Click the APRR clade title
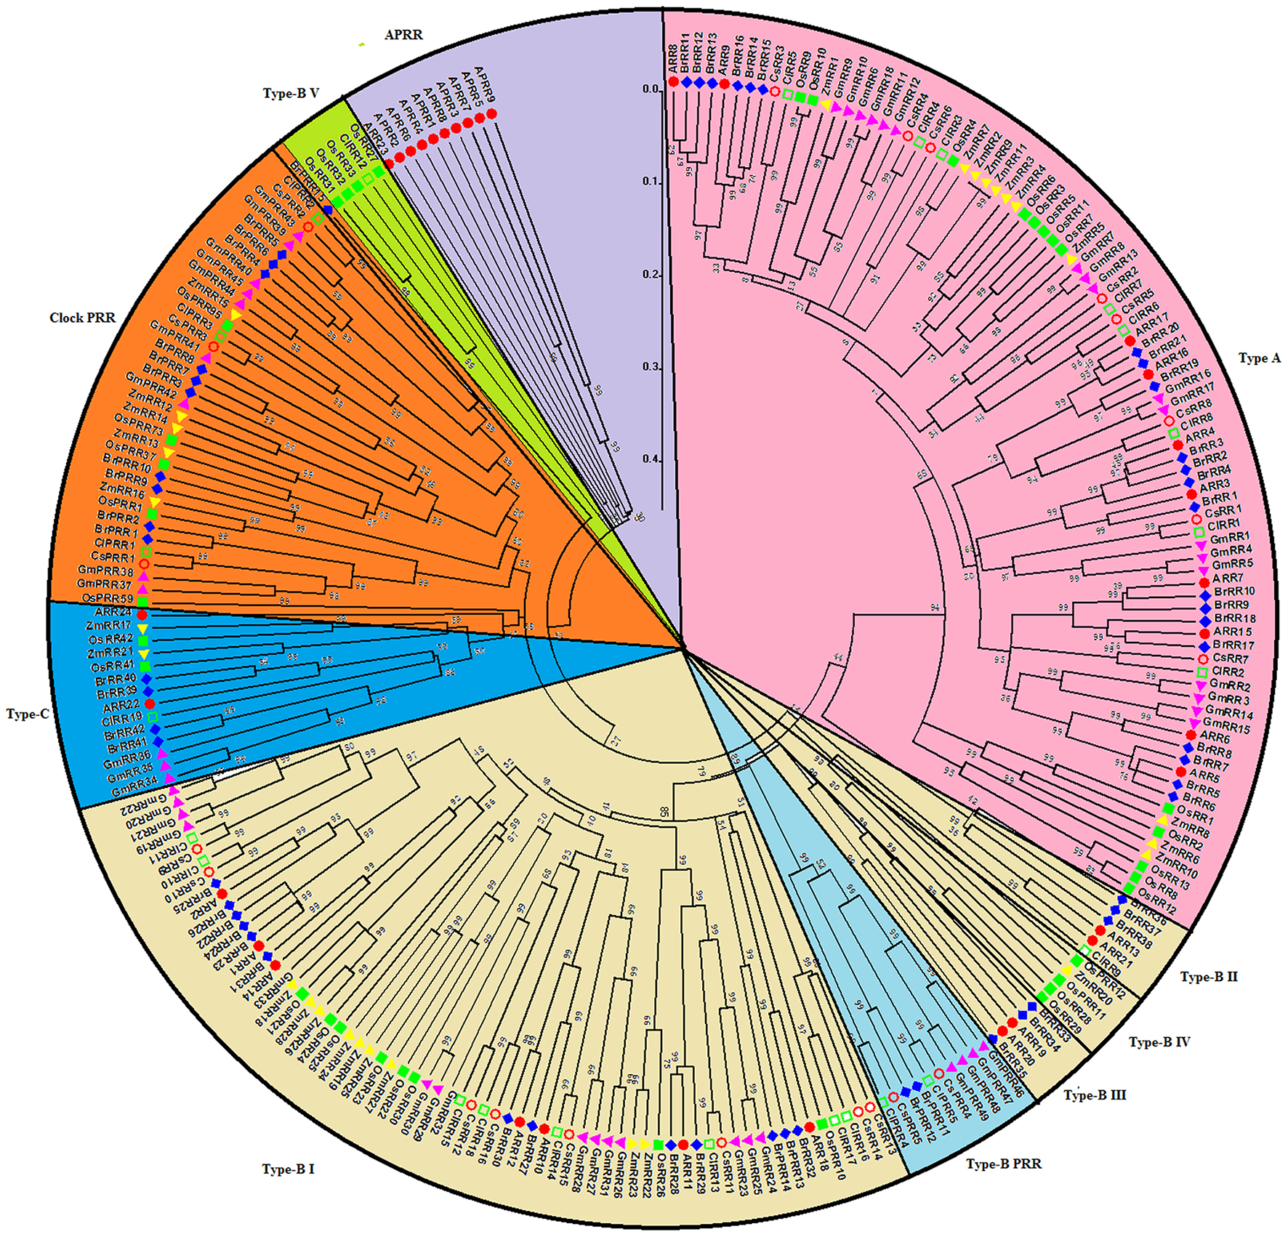coord(403,35)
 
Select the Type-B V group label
coord(291,94)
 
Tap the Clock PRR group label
coord(82,318)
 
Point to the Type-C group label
coord(28,714)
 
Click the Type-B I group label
coord(288,1169)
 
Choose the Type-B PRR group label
coord(1003,1164)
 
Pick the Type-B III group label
coord(1095,1095)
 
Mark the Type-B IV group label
coord(1159,1042)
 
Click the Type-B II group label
coord(1209,977)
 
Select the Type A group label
coord(1260,358)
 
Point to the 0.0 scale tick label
coord(651,89)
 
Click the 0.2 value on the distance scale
coord(651,275)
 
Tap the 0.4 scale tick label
coord(651,459)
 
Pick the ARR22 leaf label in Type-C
coord(121,706)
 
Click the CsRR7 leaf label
coord(1231,659)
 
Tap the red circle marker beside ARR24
coord(142,615)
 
